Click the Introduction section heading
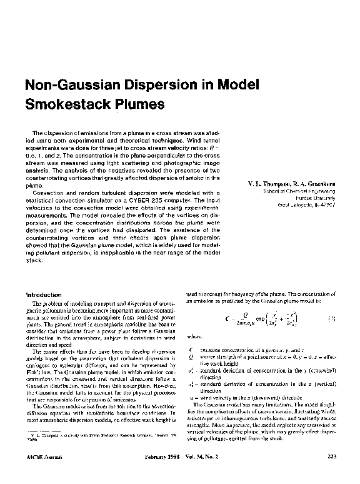pos(43,295)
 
